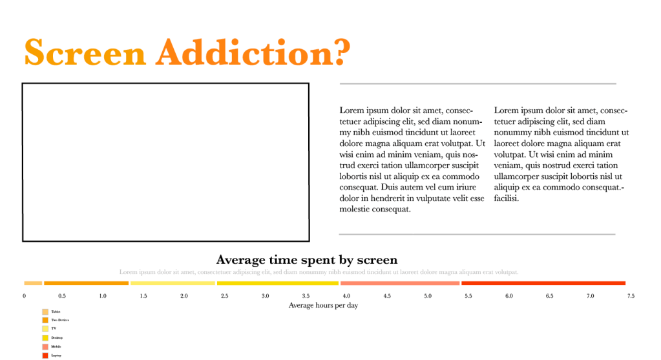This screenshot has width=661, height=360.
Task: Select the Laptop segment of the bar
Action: (x=543, y=283)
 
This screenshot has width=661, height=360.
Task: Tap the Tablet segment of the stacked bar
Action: (x=33, y=283)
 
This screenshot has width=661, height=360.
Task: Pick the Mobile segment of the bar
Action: (x=400, y=283)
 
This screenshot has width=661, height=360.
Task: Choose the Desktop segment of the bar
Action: (x=278, y=283)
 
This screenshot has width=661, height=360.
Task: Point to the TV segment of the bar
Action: (x=173, y=283)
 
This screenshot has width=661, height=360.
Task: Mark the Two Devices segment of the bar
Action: (x=87, y=283)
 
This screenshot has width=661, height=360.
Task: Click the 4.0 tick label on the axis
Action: (x=346, y=296)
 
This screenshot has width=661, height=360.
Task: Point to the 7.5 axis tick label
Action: (x=630, y=296)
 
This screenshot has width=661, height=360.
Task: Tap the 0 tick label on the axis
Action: (x=25, y=296)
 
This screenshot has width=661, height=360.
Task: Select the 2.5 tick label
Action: (x=224, y=296)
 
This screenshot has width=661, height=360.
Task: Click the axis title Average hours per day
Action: (x=323, y=306)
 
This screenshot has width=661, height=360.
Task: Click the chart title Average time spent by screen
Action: (x=307, y=260)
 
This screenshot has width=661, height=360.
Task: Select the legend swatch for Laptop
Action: (x=45, y=355)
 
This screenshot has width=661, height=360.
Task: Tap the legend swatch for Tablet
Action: (x=45, y=312)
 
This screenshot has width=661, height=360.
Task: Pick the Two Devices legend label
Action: (x=60, y=321)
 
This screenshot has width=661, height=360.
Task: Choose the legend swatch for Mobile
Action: (x=45, y=346)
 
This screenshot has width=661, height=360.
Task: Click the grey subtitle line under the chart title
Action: (x=319, y=272)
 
